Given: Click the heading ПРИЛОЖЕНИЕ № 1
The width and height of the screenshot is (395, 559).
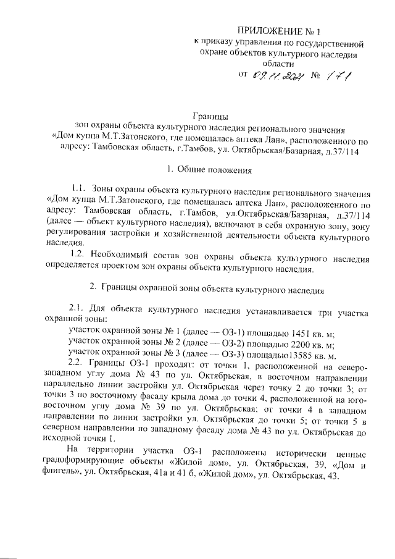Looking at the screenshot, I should coord(280,31).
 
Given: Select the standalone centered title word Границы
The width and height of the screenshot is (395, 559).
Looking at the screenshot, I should coord(210,116).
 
